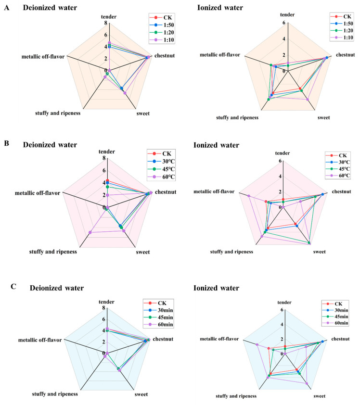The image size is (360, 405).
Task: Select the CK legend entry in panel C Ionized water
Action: [x=337, y=304]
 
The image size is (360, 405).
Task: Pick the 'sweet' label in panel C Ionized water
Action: [x=319, y=396]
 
